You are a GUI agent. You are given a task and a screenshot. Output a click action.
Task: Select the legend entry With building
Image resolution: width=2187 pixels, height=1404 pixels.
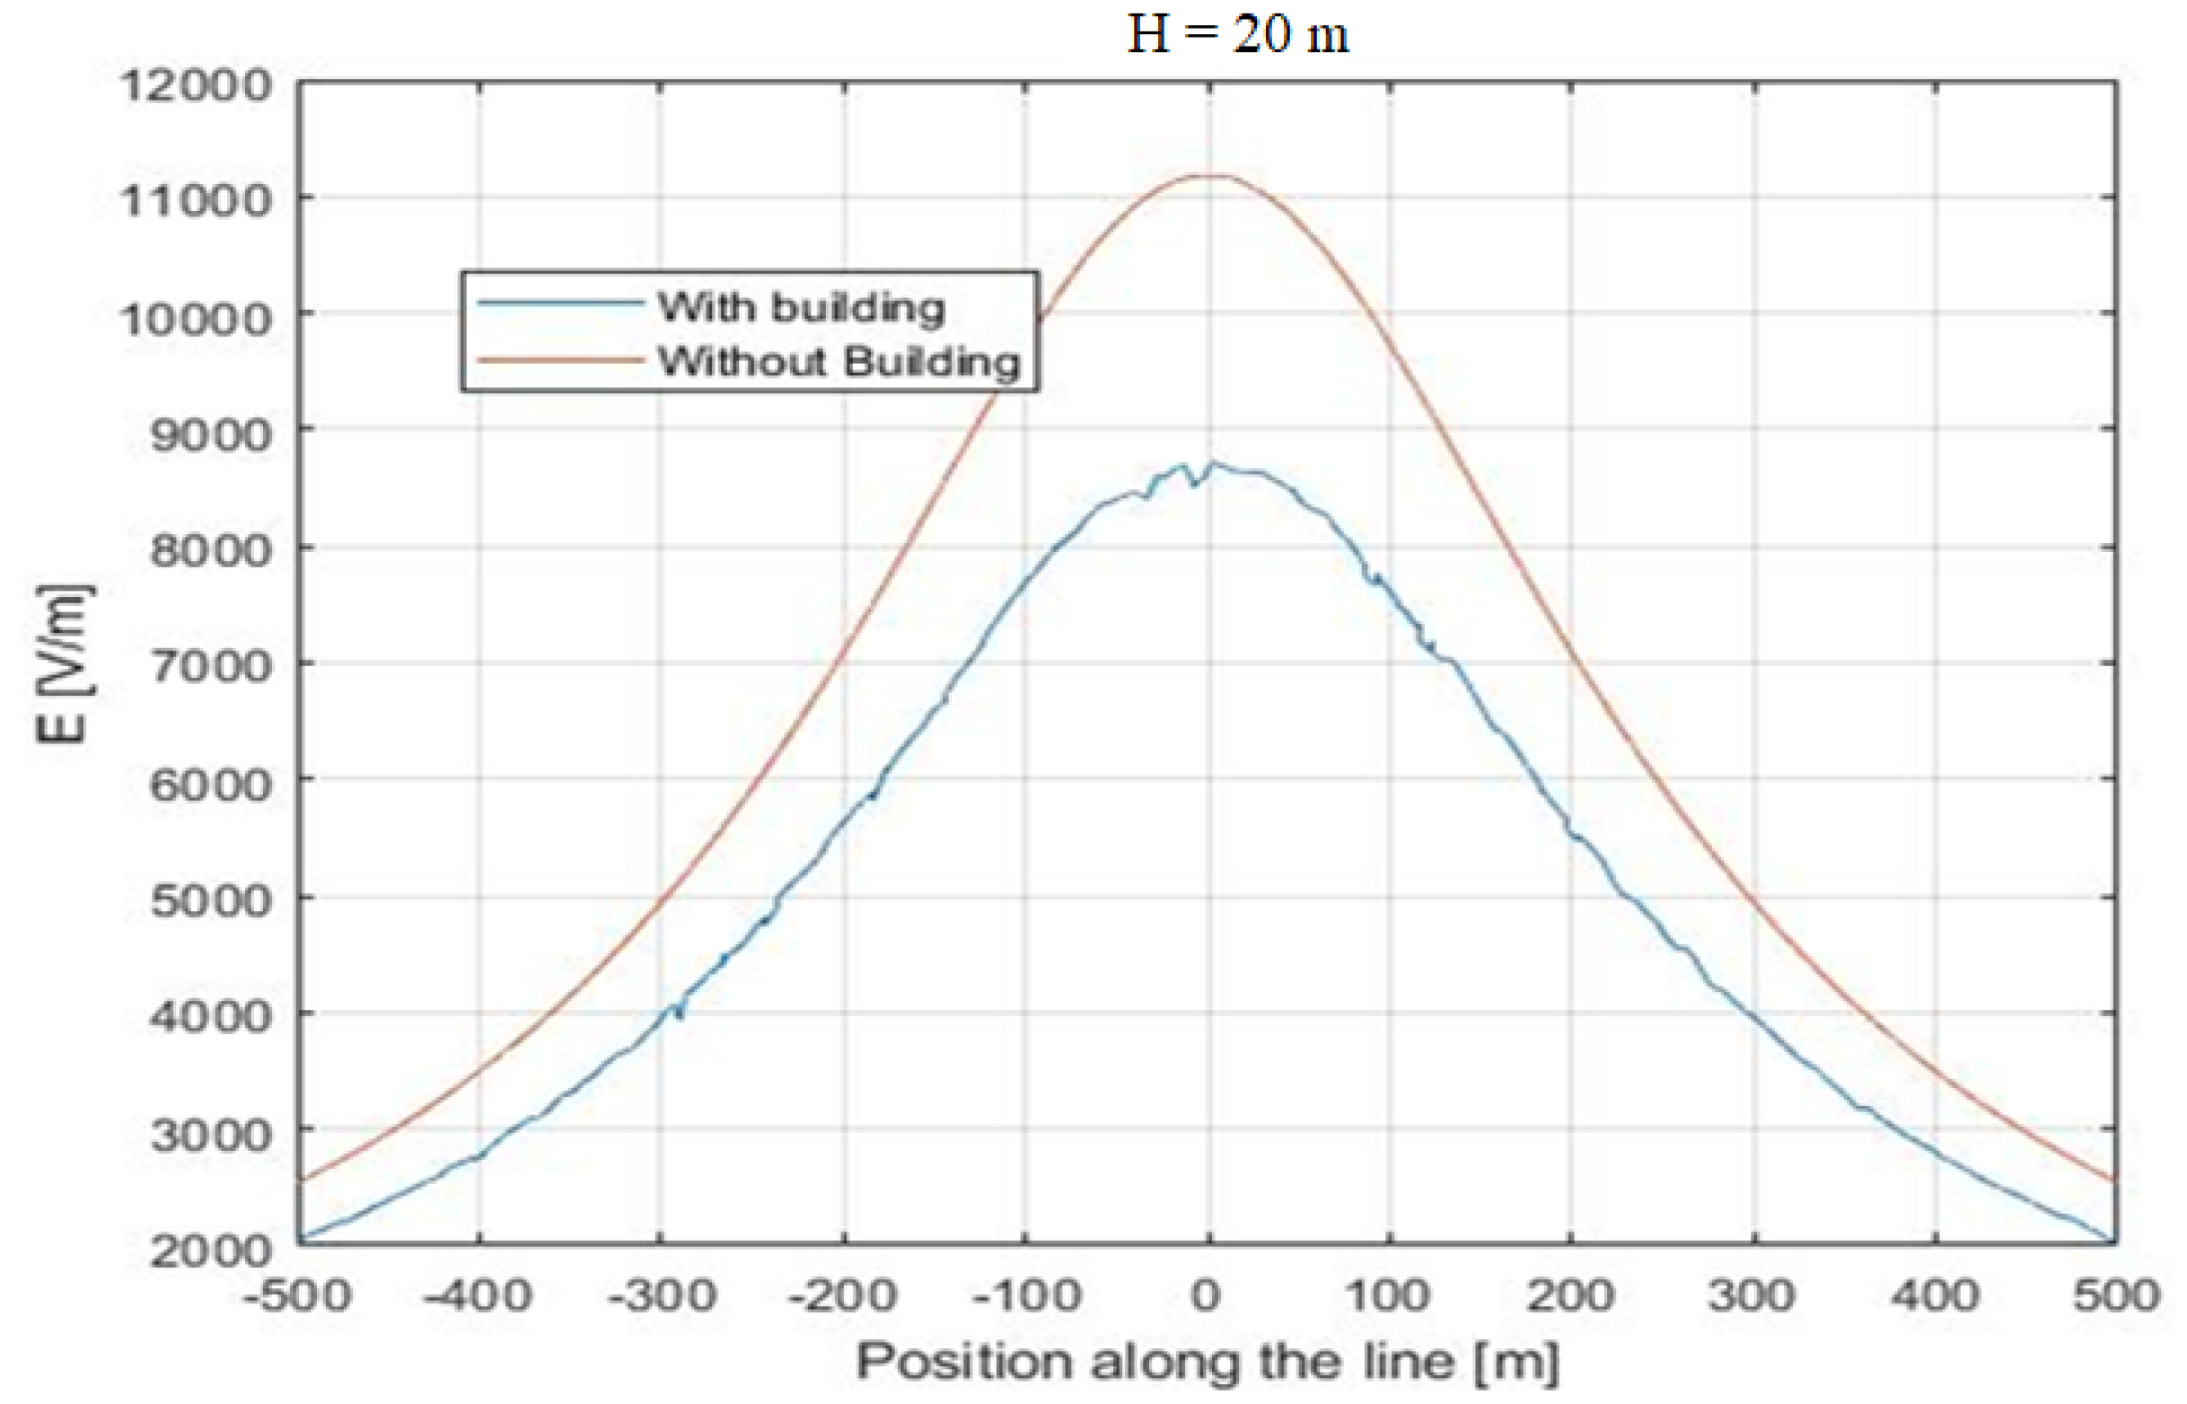(801, 307)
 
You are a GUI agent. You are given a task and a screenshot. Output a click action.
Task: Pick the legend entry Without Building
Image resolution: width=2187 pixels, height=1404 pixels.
(839, 362)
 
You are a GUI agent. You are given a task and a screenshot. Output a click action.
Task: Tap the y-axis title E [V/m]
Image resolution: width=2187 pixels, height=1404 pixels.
(64, 663)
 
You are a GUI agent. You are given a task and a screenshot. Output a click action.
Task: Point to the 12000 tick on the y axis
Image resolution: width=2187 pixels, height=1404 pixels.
(196, 86)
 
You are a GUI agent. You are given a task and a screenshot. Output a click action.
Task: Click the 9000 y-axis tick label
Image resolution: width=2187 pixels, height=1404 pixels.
(211, 434)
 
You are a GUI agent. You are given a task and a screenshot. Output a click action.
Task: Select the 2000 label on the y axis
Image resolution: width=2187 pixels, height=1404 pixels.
(211, 1250)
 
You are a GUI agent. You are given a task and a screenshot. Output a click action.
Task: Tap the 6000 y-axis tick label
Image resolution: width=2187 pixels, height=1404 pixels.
(211, 784)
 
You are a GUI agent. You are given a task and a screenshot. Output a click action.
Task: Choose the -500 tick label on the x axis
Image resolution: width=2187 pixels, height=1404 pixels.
(297, 1294)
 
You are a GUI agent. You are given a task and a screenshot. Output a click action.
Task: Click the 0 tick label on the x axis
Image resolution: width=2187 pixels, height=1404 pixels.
(1207, 1294)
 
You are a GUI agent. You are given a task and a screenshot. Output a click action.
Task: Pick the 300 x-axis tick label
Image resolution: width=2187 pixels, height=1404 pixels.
(1752, 1294)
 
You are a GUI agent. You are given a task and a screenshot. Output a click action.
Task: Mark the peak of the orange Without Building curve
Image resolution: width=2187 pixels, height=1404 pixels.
(1208, 175)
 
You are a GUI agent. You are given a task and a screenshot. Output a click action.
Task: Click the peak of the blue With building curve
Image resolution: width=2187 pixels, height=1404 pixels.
(1213, 463)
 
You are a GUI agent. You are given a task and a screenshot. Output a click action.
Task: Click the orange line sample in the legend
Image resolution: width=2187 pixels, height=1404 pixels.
(559, 360)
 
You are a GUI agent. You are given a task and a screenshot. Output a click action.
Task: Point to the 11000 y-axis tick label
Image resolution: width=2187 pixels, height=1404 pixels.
(196, 200)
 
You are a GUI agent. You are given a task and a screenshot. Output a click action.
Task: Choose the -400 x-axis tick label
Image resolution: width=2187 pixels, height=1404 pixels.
(479, 1294)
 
